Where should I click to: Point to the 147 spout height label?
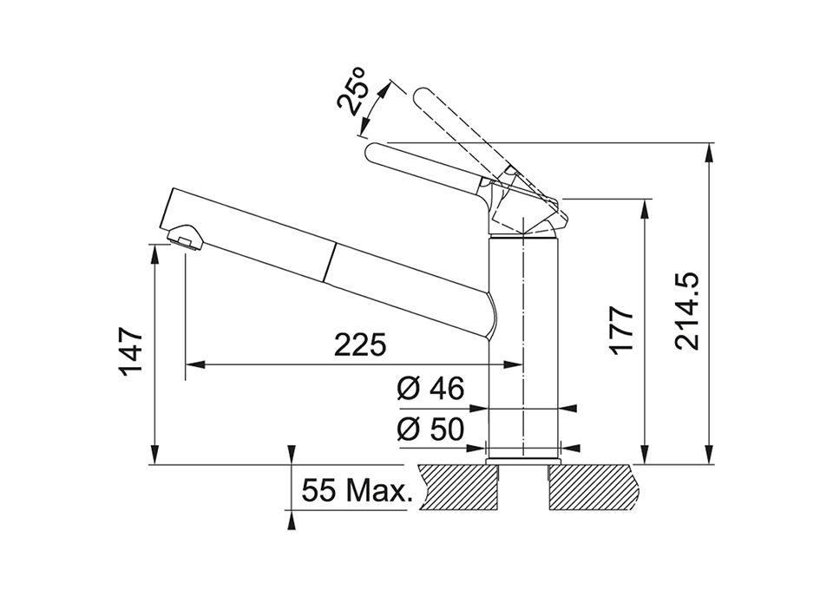point(131,351)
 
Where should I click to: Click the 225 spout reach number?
point(360,345)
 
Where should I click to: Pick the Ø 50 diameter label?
point(430,430)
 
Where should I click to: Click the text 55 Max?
point(357,490)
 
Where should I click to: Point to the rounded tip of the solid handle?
point(373,152)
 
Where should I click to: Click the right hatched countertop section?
point(592,487)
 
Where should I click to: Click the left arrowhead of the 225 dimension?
point(195,364)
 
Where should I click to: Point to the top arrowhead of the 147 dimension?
point(154,254)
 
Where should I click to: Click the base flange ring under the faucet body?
point(523,460)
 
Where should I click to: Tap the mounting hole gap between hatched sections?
point(524,487)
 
